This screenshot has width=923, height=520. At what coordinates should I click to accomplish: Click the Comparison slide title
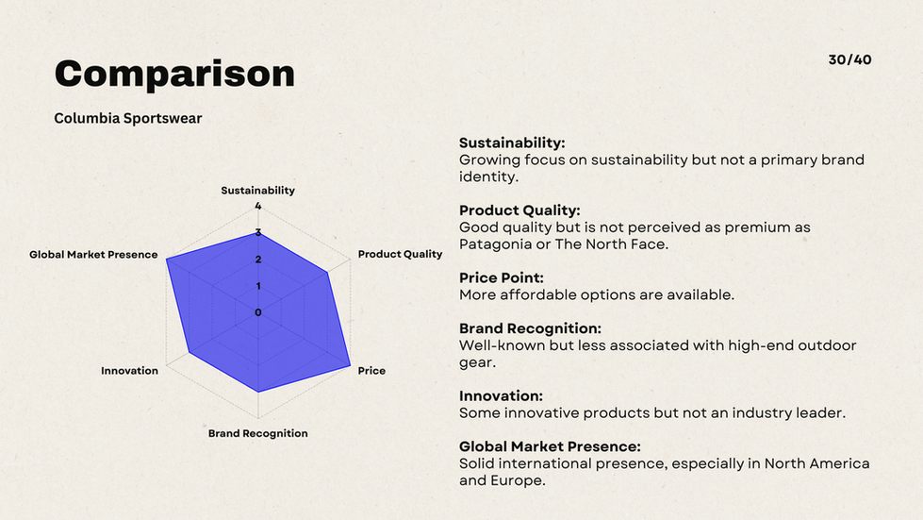[x=174, y=75]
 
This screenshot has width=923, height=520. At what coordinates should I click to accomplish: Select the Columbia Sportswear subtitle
[x=127, y=118]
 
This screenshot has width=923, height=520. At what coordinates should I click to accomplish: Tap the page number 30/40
[x=849, y=59]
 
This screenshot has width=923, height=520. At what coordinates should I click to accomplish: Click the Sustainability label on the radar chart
[x=257, y=191]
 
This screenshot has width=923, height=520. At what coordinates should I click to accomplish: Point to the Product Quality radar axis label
[x=400, y=254]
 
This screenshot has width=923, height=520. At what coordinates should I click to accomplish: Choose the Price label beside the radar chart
[x=371, y=371]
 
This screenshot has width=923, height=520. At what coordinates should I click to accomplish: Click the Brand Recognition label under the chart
[x=257, y=433]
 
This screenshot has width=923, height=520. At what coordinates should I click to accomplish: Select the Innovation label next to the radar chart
[x=129, y=371]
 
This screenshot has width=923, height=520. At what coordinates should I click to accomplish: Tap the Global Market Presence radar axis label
[x=93, y=255]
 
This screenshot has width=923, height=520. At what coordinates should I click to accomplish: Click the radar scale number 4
[x=257, y=206]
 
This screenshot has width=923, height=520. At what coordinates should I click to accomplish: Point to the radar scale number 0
[x=257, y=312]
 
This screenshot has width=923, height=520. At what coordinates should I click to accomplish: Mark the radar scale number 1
[x=257, y=286]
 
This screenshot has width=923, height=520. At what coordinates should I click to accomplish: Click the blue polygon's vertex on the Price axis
[x=350, y=366]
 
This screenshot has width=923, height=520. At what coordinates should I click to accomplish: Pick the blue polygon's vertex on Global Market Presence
[x=167, y=260]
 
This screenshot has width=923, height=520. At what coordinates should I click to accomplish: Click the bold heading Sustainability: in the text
[x=512, y=143]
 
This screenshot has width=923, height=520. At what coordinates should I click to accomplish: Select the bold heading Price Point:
[x=501, y=278]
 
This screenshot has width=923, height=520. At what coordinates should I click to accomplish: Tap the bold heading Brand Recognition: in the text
[x=530, y=328]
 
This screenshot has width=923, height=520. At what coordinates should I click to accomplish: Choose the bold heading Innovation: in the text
[x=501, y=395]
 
